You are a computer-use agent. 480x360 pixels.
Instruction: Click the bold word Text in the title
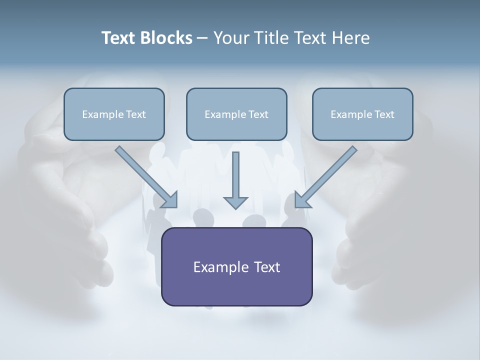pos(118,38)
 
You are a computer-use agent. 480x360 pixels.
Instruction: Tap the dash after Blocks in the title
pos(202,38)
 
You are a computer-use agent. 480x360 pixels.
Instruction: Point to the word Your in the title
pos(230,38)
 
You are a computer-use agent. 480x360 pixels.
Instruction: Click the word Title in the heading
pos(270,38)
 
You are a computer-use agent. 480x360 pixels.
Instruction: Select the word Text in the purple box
pos(265,267)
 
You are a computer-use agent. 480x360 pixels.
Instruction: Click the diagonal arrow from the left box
pos(142,173)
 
